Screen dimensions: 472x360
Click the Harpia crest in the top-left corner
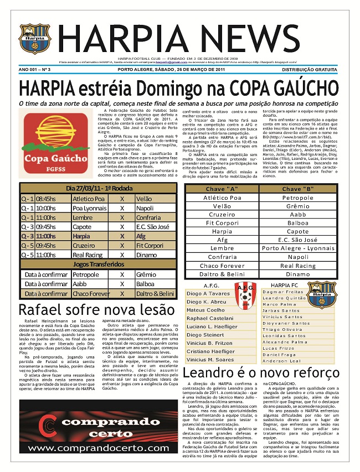(x=34, y=39)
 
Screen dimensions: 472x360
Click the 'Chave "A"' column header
(x=222, y=189)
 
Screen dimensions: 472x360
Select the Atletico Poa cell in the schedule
(x=88, y=199)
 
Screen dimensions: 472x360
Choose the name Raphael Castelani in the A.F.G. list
(x=210, y=319)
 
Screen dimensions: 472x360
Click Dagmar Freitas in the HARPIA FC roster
(x=283, y=292)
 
